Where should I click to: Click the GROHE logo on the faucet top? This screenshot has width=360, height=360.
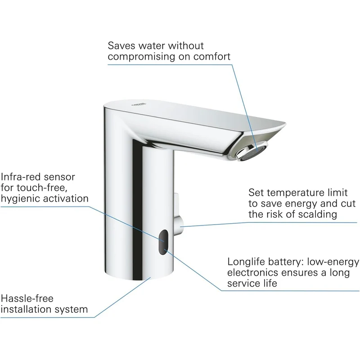click(x=139, y=104)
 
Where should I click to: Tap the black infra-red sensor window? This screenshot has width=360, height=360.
click(x=163, y=242)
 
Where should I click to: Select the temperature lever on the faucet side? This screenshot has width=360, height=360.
click(x=178, y=215)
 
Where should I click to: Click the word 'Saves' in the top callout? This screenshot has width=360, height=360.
click(x=121, y=46)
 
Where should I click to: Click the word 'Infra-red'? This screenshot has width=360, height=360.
click(x=20, y=177)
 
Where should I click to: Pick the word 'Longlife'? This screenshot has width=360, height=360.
click(x=246, y=262)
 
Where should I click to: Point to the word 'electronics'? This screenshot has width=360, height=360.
click(x=253, y=273)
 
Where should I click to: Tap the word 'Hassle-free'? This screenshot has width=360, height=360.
click(x=27, y=299)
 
